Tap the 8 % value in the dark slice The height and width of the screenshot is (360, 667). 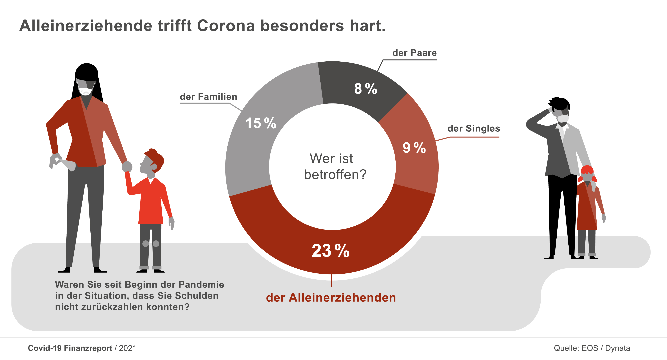pyautogui.click(x=365, y=89)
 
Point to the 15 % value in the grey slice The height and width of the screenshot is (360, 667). pyautogui.click(x=261, y=123)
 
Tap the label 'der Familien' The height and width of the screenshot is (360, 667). pyautogui.click(x=208, y=97)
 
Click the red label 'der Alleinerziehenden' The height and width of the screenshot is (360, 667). pyautogui.click(x=331, y=298)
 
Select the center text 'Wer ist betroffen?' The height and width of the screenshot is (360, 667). pyautogui.click(x=334, y=166)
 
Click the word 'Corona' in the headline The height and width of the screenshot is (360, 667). pyautogui.click(x=226, y=26)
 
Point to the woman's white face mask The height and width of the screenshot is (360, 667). pyautogui.click(x=86, y=91)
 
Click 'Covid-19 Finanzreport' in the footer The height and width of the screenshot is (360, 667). pyautogui.click(x=70, y=348)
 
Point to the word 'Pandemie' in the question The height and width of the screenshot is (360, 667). pyautogui.click(x=201, y=285)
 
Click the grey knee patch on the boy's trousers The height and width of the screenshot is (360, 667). pyautogui.click(x=146, y=244)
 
